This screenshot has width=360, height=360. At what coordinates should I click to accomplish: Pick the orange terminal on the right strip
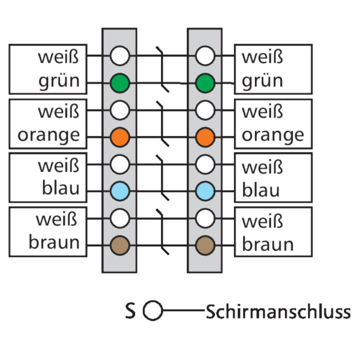click(204, 136)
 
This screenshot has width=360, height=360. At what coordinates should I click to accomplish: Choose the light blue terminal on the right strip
click(204, 190)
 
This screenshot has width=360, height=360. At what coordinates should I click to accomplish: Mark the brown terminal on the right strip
click(204, 244)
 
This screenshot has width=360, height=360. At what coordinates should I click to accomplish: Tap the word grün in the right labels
click(262, 81)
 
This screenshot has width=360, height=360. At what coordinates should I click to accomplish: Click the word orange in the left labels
click(48, 135)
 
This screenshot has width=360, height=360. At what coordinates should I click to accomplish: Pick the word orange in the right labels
click(272, 135)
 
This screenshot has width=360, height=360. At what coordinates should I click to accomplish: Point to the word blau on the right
click(260, 190)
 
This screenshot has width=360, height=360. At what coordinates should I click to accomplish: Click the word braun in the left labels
click(54, 243)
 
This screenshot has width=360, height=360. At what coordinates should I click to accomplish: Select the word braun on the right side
click(267, 244)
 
